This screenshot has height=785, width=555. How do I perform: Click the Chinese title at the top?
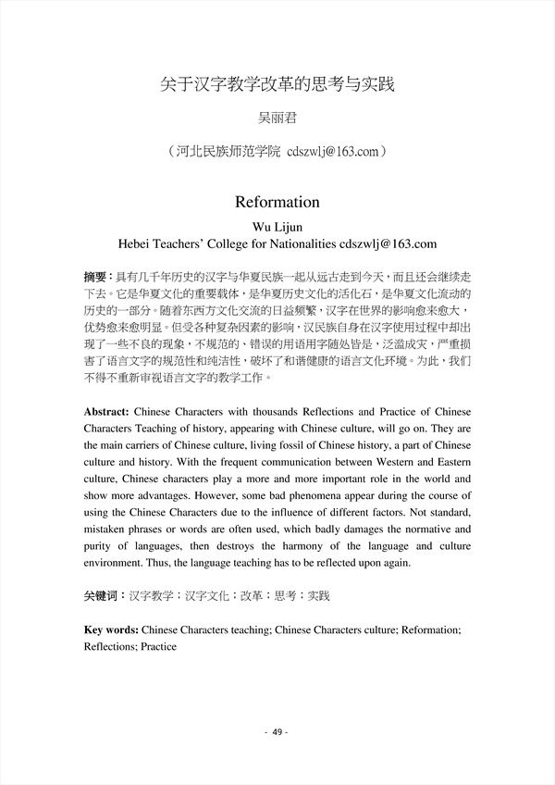point(277,84)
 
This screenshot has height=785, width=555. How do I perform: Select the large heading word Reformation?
point(277,202)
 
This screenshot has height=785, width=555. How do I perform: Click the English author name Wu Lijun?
point(277,228)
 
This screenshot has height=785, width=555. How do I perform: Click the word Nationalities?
point(294,244)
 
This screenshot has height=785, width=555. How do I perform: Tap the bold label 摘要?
point(95,277)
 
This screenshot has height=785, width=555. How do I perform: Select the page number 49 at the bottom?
point(277,732)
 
